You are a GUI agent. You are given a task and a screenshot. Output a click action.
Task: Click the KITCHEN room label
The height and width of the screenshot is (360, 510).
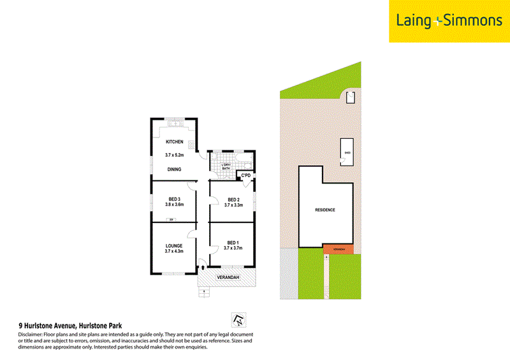click(x=174, y=141)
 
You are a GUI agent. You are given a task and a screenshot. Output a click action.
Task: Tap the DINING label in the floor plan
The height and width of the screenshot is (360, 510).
click(x=174, y=169)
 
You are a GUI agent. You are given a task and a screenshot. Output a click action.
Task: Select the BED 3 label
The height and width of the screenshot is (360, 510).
click(x=174, y=199)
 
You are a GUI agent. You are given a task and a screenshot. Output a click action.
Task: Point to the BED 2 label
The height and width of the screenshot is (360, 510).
click(x=233, y=199)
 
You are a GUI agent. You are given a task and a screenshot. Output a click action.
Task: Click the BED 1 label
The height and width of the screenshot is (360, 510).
click(x=233, y=242)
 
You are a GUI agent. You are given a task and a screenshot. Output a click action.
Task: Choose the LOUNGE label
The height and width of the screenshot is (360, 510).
click(x=174, y=245)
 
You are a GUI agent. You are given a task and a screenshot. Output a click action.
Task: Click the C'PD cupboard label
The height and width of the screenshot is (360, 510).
click(x=245, y=175)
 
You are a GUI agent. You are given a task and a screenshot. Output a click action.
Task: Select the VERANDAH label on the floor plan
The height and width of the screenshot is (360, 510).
click(x=227, y=278)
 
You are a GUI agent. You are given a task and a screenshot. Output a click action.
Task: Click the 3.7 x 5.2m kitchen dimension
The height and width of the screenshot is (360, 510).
click(x=174, y=155)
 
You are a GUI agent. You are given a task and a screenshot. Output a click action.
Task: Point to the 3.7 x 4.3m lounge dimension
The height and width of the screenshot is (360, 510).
click(x=174, y=252)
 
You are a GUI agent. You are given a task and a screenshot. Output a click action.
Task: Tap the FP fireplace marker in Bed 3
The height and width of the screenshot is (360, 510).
click(x=171, y=220)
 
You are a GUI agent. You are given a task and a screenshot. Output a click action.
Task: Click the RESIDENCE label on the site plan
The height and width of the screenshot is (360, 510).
click(x=325, y=210)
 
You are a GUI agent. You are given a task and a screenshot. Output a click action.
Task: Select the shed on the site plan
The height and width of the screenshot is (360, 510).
click(x=347, y=152)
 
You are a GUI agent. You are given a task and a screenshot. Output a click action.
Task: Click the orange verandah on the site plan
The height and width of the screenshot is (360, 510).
click(x=338, y=248)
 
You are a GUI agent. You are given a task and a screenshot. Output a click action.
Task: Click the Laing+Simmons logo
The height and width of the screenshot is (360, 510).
click(x=449, y=21)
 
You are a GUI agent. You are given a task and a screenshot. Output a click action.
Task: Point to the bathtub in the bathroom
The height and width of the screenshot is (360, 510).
click(x=244, y=160)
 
